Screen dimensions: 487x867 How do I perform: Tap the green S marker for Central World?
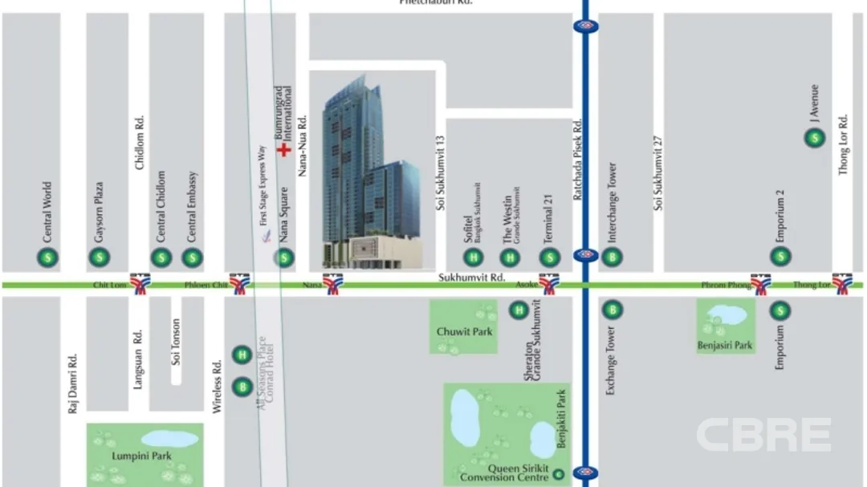(48, 258)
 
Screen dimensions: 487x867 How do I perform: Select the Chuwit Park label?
(463, 331)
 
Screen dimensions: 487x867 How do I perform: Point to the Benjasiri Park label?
(725, 346)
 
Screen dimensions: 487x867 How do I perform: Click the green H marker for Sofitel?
(474, 258)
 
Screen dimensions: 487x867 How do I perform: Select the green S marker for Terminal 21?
(550, 258)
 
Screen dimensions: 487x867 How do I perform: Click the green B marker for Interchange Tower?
(613, 258)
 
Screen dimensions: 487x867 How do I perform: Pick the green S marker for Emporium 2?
(780, 258)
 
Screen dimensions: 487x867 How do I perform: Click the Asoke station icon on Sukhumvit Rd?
(549, 284)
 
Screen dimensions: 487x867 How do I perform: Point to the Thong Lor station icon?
(842, 284)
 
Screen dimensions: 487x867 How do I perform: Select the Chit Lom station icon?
(140, 284)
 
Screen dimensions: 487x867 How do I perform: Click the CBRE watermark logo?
(763, 435)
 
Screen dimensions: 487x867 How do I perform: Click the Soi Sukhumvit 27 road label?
(658, 173)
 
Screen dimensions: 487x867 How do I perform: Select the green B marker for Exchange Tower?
(613, 310)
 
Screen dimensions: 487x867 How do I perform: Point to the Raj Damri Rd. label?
(72, 384)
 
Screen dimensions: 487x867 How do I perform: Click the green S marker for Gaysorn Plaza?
(100, 258)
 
